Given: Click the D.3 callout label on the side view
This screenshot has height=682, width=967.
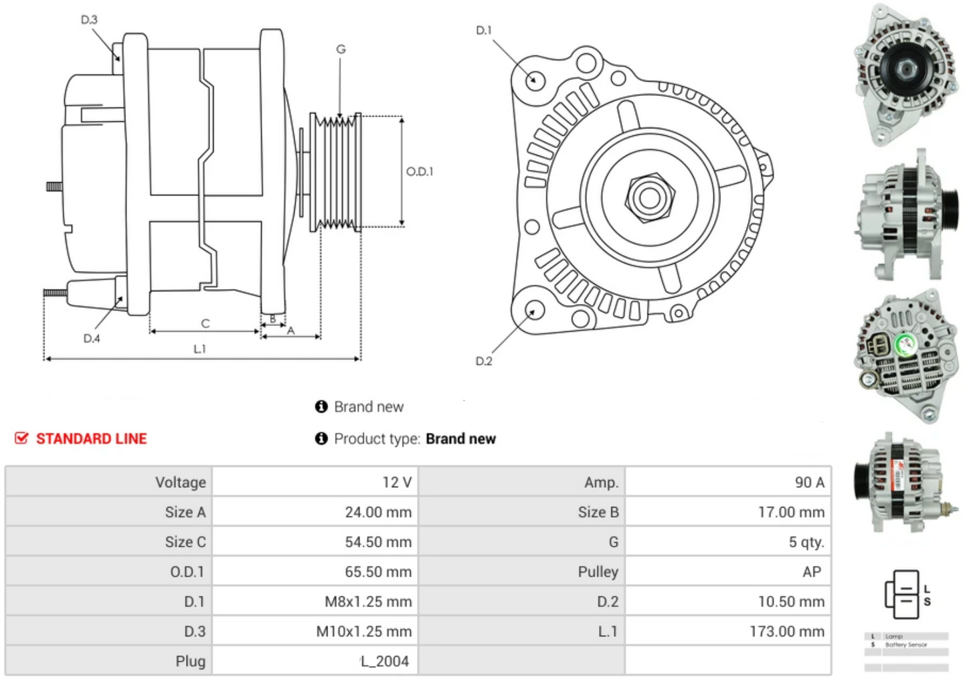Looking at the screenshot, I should (89, 20).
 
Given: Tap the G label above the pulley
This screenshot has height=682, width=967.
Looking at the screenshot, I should (341, 49).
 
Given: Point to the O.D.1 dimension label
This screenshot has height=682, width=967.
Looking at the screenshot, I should (420, 172).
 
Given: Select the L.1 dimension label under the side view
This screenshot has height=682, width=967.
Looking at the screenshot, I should (199, 349).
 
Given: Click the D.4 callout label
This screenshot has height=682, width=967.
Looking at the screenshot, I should (92, 339).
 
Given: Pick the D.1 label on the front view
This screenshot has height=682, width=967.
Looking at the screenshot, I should (483, 30).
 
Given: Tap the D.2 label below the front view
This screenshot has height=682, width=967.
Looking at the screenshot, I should (483, 361).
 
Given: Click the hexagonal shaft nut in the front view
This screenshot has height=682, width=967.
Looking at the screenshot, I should (648, 197).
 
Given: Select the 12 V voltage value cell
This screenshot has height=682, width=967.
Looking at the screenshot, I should (397, 483).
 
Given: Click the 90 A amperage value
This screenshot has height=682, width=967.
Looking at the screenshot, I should (809, 483).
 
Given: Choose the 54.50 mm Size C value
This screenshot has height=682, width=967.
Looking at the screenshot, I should (378, 542).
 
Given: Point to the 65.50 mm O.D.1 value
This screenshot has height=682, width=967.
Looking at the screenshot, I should (378, 572).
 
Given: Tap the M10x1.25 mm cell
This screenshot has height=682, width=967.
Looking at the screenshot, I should (363, 632).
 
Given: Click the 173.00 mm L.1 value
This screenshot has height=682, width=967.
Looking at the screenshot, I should (786, 632).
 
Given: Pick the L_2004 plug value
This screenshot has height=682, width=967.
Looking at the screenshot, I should (385, 661).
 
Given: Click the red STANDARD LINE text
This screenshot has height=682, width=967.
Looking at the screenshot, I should (91, 439).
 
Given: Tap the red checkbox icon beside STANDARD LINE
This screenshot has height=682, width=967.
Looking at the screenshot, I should (21, 438).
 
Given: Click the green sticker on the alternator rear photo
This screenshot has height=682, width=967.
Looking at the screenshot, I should (907, 345).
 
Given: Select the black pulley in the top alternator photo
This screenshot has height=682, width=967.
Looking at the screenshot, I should (905, 68).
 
